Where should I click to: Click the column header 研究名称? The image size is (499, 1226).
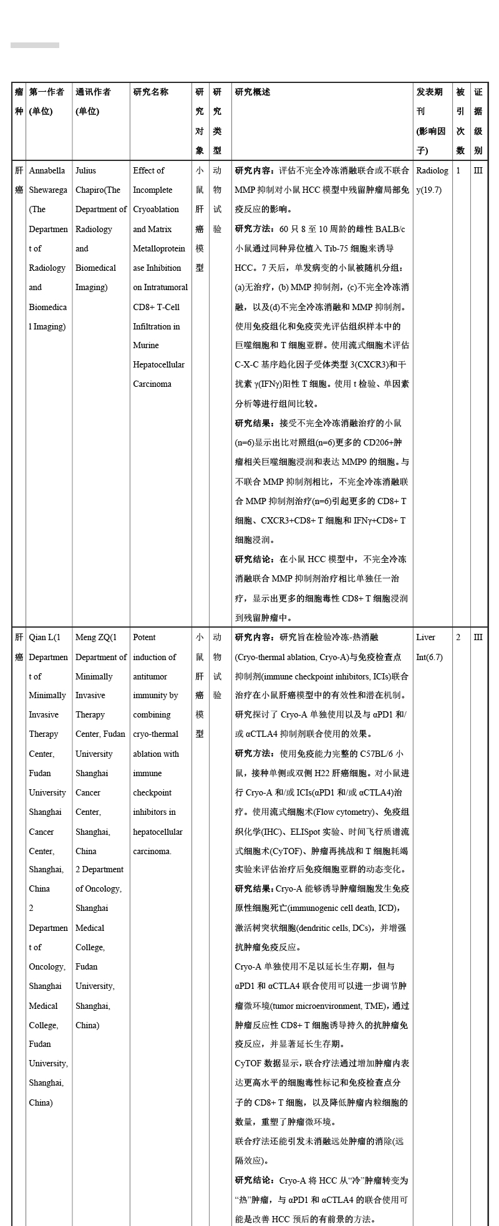pyautogui.click(x=150, y=92)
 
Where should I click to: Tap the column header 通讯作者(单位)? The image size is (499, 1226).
pyautogui.click(x=93, y=102)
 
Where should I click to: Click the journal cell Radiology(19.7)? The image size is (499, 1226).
pyautogui.click(x=432, y=180)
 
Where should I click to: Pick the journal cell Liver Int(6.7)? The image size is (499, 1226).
pyautogui.click(x=429, y=647)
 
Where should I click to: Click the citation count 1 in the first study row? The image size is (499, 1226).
pyautogui.click(x=458, y=170)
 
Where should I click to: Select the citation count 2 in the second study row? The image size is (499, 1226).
pyautogui.click(x=458, y=638)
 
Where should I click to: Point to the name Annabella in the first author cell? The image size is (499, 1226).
pyautogui.click(x=47, y=170)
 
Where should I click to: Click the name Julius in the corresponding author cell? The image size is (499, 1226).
pyautogui.click(x=86, y=170)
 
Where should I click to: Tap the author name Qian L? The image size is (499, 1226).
pyautogui.click(x=43, y=638)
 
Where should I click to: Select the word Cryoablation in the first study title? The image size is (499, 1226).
pyautogui.click(x=156, y=210)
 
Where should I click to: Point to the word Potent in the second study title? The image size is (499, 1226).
pyautogui.click(x=144, y=638)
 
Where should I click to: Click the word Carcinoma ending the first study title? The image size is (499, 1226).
pyautogui.click(x=152, y=384)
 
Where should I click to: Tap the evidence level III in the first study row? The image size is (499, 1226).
pyautogui.click(x=478, y=170)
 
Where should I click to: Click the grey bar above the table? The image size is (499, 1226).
pyautogui.click(x=35, y=46)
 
